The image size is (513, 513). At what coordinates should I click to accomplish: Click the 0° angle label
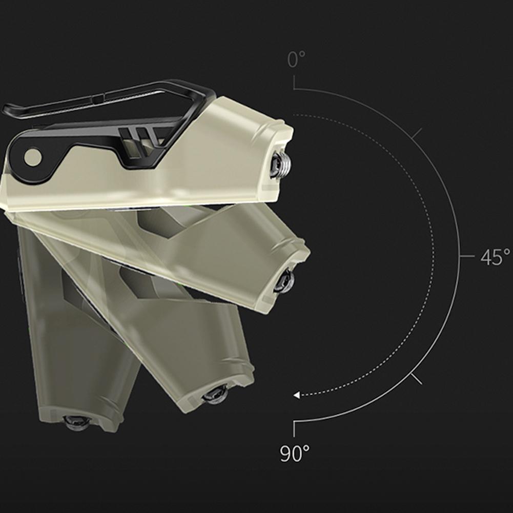[x=296, y=59]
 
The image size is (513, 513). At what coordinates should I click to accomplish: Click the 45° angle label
[x=495, y=257]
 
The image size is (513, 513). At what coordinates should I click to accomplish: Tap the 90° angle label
[x=295, y=454]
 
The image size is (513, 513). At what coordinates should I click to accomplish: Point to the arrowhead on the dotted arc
[x=296, y=395]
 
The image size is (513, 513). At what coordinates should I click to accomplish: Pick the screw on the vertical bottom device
[x=76, y=422]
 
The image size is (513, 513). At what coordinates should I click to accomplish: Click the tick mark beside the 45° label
[x=467, y=256]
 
